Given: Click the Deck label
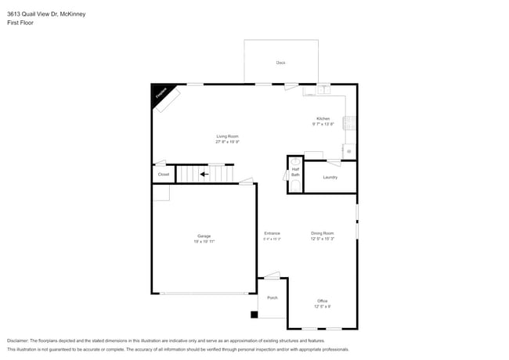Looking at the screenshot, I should point(280,63).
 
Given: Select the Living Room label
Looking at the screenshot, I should point(227,136).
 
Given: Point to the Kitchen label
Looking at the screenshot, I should point(323,119).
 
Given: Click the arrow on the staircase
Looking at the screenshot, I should point(204,174).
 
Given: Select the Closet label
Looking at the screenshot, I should point(163,175).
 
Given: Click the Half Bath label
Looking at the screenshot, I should point(295,171).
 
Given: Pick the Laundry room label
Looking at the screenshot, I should point(330,177).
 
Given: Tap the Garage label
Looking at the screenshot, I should point(204,236).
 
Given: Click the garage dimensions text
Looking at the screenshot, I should point(204,242).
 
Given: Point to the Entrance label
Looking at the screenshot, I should point(272,233).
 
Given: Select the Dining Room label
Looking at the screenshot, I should point(323,233).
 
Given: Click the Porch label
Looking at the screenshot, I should point(273,297).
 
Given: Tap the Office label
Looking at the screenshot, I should point(323,301).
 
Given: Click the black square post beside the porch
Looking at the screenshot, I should point(254,315).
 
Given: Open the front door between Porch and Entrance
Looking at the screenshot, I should point(272,275).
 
